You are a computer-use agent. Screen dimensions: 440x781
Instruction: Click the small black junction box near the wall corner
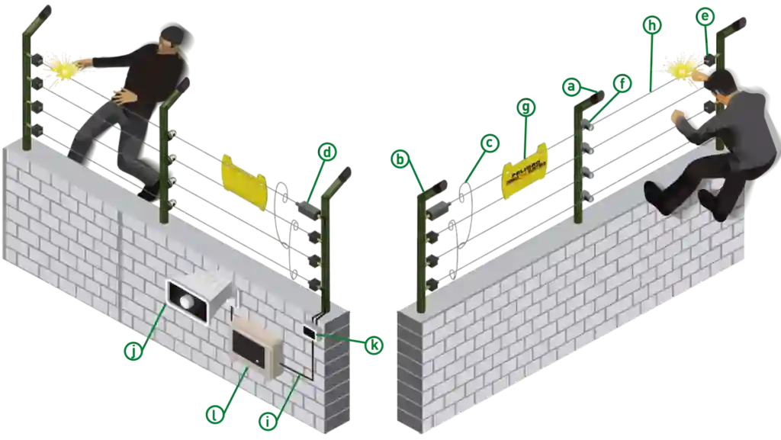point(309,331)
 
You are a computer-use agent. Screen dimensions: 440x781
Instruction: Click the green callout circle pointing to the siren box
point(133,350)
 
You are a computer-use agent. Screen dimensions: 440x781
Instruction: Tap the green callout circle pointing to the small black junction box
point(373,347)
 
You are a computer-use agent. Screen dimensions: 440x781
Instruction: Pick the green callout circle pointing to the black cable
point(268,419)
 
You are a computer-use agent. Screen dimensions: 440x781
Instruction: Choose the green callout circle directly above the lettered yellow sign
point(525,108)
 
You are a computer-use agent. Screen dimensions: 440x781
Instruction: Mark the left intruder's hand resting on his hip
point(121,95)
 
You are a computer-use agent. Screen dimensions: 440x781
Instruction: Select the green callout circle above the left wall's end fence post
point(328,153)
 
